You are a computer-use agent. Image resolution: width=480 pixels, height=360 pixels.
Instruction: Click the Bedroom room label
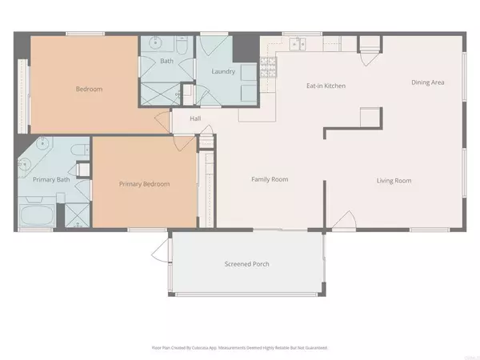click(89, 90)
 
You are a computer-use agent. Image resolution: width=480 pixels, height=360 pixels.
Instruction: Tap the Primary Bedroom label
click(145, 184)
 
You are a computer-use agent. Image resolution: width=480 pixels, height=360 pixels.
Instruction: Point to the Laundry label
click(222, 71)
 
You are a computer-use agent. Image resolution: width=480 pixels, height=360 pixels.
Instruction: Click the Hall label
click(194, 119)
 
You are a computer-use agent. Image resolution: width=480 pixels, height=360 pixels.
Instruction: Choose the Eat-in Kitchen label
click(326, 85)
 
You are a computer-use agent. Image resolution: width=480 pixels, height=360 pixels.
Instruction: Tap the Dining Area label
click(428, 82)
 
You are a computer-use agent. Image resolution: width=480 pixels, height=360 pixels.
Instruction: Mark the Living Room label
click(394, 181)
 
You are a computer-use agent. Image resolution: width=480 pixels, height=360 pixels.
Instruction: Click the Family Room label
click(270, 179)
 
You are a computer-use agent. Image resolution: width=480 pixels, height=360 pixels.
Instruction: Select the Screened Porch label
click(246, 264)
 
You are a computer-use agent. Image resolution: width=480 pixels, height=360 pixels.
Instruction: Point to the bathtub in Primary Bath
click(36, 215)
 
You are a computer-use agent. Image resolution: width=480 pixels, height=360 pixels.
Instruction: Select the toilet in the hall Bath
click(182, 45)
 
